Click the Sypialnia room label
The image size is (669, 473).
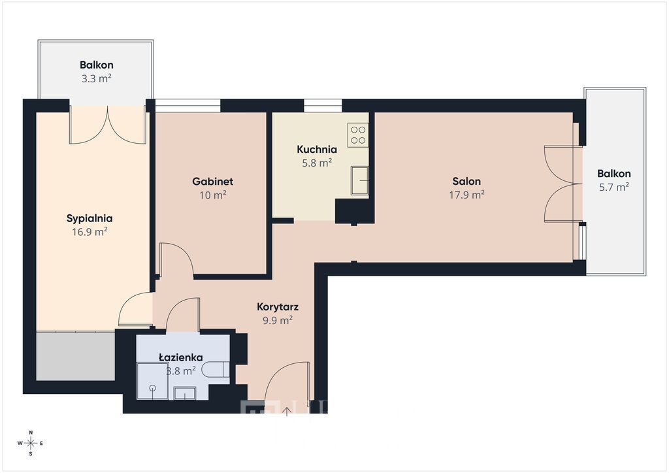point(90,218)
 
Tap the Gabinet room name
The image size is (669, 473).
point(212,181)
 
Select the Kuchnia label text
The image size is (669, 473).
point(317,149)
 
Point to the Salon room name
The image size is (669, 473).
point(466,181)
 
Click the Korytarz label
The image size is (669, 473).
point(277,307)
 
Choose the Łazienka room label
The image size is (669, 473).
point(180,357)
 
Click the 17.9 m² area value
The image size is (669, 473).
point(466,195)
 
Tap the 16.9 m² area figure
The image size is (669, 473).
point(90,232)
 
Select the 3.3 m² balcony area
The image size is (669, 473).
point(97,78)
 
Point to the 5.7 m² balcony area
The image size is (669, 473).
point(614,187)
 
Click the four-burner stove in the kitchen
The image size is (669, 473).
point(358,135)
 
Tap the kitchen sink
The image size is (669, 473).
point(360,180)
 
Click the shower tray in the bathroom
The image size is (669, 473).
point(152,381)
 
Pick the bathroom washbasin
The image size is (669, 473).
point(185,393)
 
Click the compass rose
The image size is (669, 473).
point(31,443)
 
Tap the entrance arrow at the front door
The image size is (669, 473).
point(287,412)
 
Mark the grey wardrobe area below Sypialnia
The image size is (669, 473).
point(76,355)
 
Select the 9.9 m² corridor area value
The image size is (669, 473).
point(277,320)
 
